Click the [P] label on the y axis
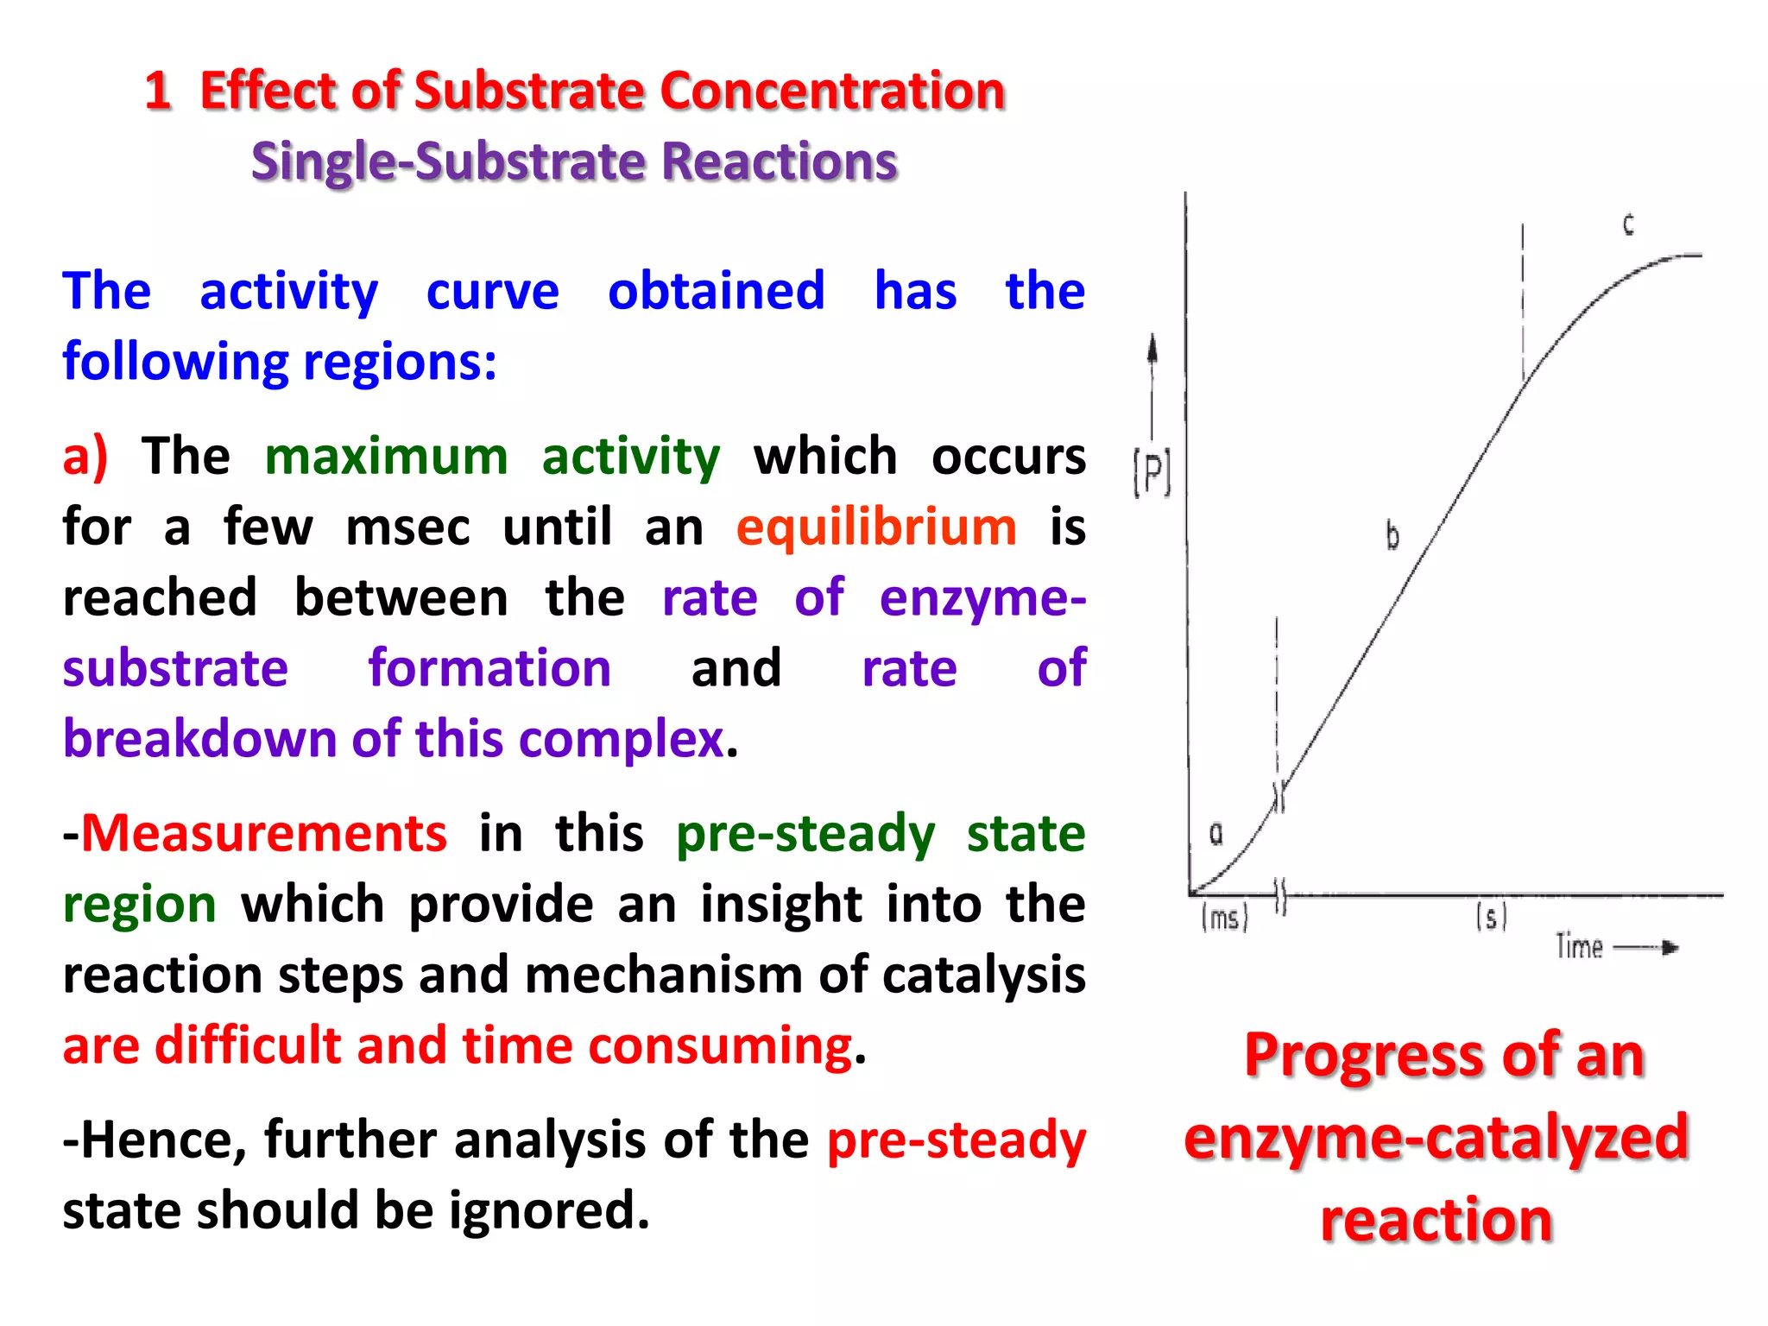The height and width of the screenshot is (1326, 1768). click(x=1152, y=473)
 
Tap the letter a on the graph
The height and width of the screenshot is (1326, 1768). click(x=1215, y=833)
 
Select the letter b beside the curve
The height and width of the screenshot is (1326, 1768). click(x=1392, y=535)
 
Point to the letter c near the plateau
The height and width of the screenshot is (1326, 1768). click(x=1628, y=224)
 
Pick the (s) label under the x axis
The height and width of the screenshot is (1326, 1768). click(x=1491, y=916)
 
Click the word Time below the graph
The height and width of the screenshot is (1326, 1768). click(x=1579, y=947)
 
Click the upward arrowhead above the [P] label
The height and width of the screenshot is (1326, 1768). click(x=1152, y=347)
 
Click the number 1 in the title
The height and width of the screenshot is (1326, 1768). click(x=158, y=91)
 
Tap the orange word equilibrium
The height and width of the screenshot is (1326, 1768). click(x=876, y=527)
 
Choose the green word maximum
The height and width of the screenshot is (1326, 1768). click(x=386, y=456)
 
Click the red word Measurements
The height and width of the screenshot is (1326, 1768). click(x=263, y=833)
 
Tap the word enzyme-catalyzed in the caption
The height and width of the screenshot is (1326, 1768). click(x=1436, y=1137)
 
